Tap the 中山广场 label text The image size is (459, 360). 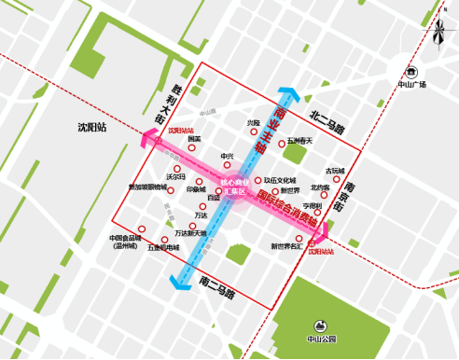click(x=410, y=85)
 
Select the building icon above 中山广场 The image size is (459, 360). click(x=410, y=71)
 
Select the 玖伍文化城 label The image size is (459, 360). click(x=279, y=180)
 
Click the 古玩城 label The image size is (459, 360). click(x=334, y=171)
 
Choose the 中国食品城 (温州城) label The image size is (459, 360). click(x=124, y=242)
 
